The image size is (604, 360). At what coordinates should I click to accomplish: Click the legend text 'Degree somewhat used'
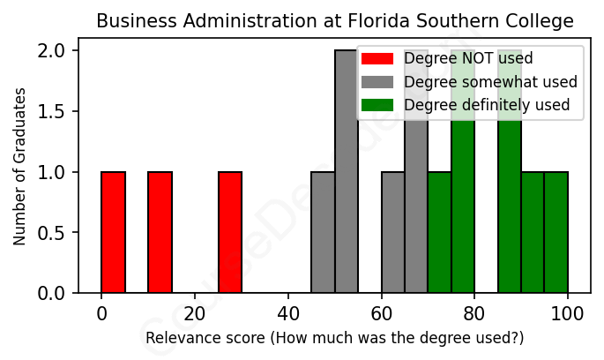(490, 82)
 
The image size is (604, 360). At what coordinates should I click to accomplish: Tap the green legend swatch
(377, 106)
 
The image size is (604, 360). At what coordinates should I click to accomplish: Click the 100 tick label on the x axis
(568, 313)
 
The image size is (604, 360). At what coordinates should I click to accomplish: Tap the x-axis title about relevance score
(334, 338)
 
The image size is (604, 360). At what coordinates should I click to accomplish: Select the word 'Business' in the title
(132, 20)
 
